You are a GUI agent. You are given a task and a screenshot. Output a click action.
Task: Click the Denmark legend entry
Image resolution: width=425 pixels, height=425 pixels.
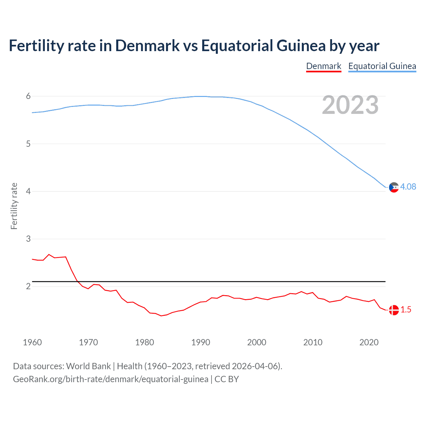tap(323, 66)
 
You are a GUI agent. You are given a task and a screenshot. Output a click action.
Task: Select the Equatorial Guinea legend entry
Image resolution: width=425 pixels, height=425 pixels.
tap(382, 66)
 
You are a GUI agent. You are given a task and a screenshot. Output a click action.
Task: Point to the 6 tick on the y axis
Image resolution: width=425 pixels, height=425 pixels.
tap(28, 96)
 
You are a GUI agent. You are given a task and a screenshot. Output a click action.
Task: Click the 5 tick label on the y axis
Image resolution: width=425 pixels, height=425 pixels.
tap(28, 144)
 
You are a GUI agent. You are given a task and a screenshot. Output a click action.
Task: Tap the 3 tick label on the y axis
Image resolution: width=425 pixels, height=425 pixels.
tap(28, 239)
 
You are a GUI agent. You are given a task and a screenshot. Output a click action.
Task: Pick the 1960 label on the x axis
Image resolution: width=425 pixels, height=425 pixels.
tap(32, 342)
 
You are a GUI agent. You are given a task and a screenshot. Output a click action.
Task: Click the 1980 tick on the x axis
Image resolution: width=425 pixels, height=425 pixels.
tap(144, 342)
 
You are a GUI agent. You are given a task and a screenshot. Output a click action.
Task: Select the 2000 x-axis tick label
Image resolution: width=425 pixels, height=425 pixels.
tap(257, 342)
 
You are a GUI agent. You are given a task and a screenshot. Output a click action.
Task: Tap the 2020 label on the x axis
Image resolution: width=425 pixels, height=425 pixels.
tap(369, 342)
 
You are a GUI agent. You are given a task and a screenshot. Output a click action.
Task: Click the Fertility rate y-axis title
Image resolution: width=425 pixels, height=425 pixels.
tap(14, 206)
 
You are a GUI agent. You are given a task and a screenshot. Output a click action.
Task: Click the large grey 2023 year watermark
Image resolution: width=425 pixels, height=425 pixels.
tap(350, 105)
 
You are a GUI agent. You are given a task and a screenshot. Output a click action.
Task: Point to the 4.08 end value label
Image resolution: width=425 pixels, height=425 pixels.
tap(408, 187)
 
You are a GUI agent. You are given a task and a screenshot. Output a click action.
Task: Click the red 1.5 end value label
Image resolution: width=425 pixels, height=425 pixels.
tap(406, 309)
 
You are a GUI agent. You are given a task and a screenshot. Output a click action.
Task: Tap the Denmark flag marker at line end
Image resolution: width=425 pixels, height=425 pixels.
tap(394, 310)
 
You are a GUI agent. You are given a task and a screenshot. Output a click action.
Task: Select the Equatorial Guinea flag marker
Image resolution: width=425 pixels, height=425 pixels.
tap(394, 187)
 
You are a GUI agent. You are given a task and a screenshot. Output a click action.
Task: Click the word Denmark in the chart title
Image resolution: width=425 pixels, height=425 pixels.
tap(147, 46)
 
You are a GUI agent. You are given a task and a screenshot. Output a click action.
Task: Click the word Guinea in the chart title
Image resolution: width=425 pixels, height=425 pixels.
tap(301, 46)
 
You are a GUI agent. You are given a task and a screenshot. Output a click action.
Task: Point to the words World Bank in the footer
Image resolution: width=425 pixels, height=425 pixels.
tap(88, 366)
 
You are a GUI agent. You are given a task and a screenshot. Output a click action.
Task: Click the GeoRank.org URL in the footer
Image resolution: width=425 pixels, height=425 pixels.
tap(111, 379)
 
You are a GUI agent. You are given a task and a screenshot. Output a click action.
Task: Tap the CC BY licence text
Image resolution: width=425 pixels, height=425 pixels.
tap(227, 379)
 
